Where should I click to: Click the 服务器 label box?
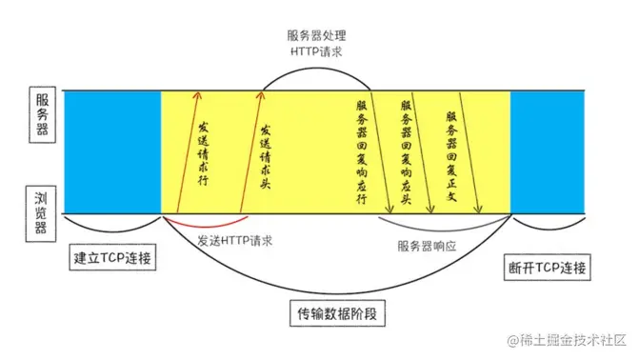[42, 113]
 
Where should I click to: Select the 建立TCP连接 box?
[113, 256]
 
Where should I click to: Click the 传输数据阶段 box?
[334, 311]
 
